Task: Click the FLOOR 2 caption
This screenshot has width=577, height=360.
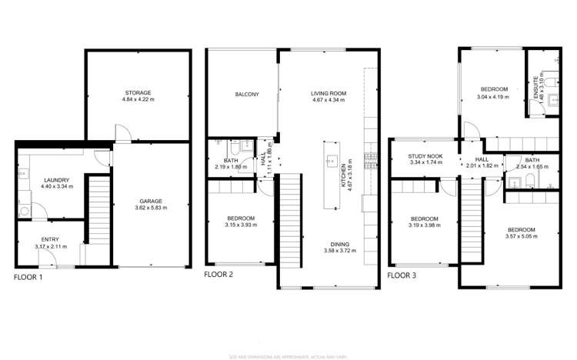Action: point(218,275)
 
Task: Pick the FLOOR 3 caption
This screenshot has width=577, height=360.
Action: point(402,275)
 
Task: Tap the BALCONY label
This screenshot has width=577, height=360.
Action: point(246,95)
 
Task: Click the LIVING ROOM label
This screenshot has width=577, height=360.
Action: point(329,93)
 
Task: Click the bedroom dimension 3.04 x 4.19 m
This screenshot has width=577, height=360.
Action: point(493,97)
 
